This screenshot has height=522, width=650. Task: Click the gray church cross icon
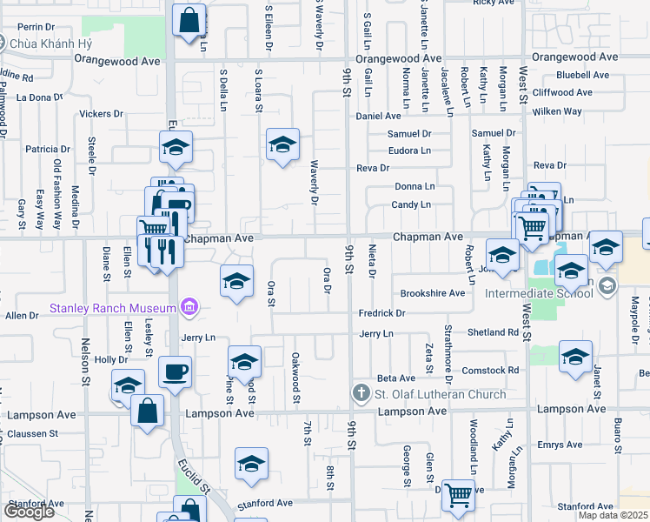click(x=361, y=394)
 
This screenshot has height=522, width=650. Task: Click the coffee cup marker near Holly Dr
click(x=174, y=373)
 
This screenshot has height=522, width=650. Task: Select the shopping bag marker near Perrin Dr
click(x=188, y=20)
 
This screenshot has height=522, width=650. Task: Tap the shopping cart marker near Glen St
click(x=457, y=496)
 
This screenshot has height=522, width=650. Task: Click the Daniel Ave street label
click(x=378, y=116)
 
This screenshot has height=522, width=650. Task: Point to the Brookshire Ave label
click(x=432, y=294)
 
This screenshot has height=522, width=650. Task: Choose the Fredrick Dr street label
click(x=382, y=313)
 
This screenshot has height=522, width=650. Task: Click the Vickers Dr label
click(x=101, y=114)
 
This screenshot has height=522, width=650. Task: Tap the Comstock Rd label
click(x=490, y=371)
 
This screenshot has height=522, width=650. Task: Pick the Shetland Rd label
click(x=493, y=332)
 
